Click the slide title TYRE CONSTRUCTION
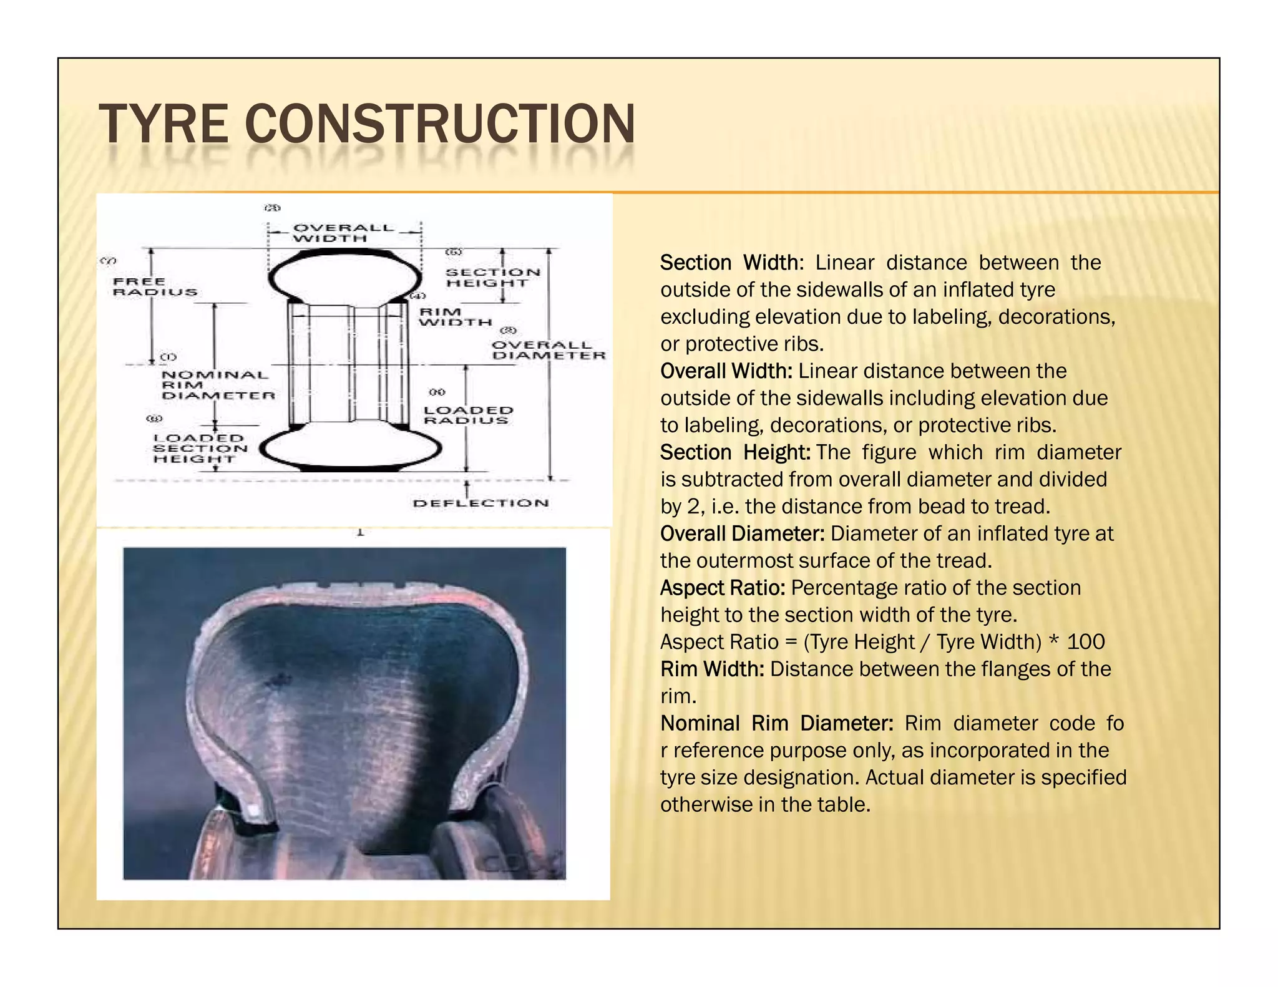pyautogui.click(x=367, y=124)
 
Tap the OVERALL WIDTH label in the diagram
pyautogui.click(x=343, y=233)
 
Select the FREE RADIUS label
pyautogui.click(x=155, y=286)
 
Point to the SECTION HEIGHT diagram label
pyautogui.click(x=492, y=277)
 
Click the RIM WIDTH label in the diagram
pyautogui.click(x=455, y=317)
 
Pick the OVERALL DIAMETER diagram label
pyautogui.click(x=548, y=350)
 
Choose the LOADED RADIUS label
pyautogui.click(x=468, y=415)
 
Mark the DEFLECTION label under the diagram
pyautogui.click(x=480, y=503)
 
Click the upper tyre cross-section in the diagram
pyautogui.click(x=344, y=274)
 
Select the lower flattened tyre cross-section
pyautogui.click(x=351, y=447)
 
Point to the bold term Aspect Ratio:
pyautogui.click(x=723, y=588)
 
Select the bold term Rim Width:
pyautogui.click(x=712, y=669)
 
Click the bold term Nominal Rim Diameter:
pyautogui.click(x=777, y=723)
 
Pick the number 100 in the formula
pyautogui.click(x=1086, y=642)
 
